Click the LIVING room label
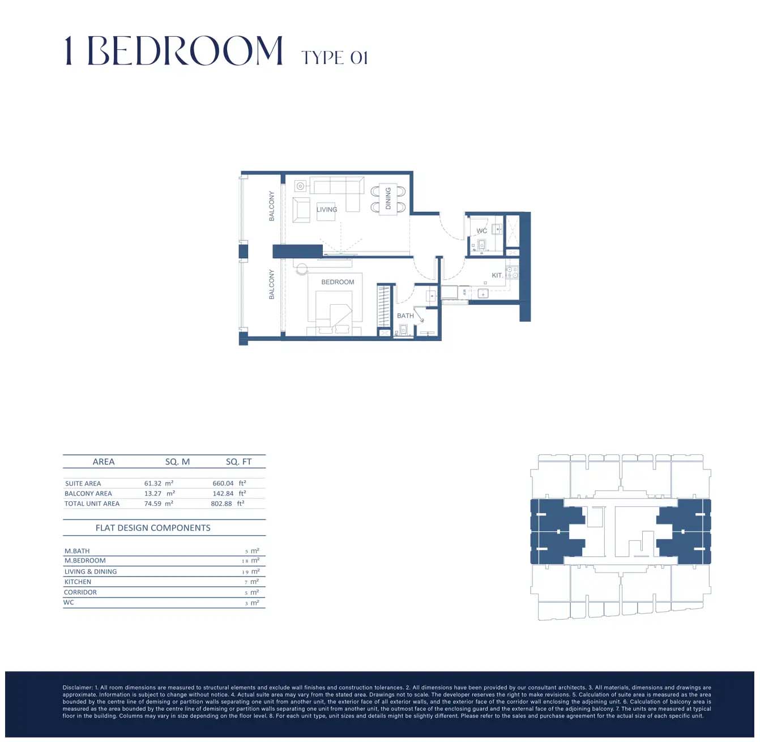327,210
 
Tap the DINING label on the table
388,199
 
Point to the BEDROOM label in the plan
338,282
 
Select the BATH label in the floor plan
405,316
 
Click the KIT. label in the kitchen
497,275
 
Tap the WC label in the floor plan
482,231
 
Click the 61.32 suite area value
153,484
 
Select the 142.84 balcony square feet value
223,494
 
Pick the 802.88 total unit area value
221,504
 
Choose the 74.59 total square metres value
153,504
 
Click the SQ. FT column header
238,462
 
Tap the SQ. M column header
177,462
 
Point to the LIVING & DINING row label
91,572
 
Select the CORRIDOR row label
80,592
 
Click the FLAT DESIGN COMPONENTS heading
153,528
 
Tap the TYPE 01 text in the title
335,58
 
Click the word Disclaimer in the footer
77,688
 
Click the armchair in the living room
301,210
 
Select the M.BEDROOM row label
85,561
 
